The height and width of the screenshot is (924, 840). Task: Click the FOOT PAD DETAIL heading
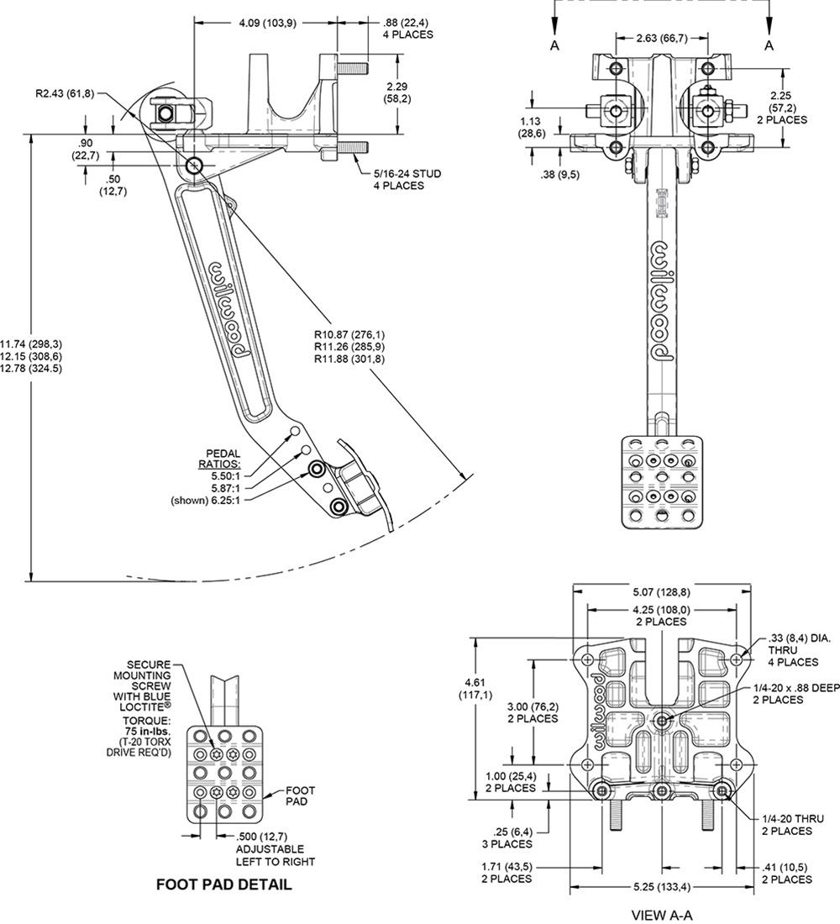click(224, 885)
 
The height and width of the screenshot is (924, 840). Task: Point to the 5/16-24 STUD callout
click(407, 174)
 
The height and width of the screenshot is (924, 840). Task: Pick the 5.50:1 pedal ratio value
click(220, 475)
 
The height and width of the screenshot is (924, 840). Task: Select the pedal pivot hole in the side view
click(195, 165)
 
